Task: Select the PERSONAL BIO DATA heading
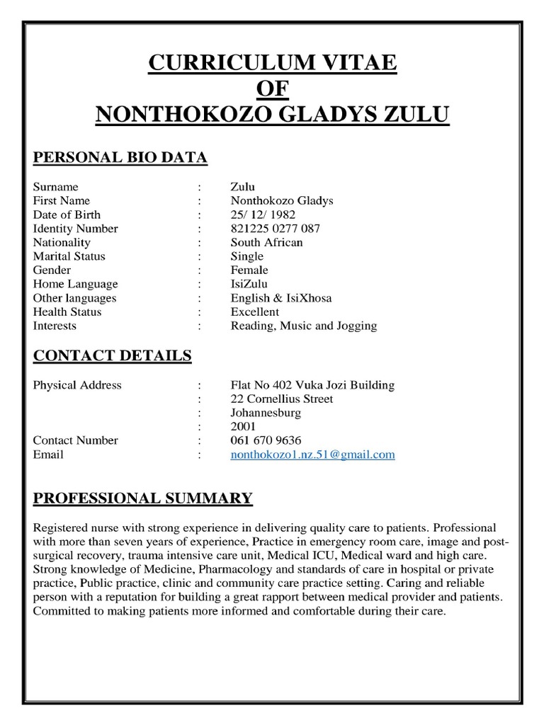pyautogui.click(x=120, y=157)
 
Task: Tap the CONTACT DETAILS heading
pyautogui.click(x=112, y=355)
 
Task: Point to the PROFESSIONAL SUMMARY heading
pyautogui.click(x=142, y=498)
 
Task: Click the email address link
pyautogui.click(x=312, y=455)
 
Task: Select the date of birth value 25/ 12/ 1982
pyautogui.click(x=263, y=215)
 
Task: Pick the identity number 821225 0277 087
pyautogui.click(x=275, y=229)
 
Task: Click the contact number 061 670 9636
pyautogui.click(x=266, y=440)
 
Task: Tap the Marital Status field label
pyautogui.click(x=69, y=256)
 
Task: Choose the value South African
pyautogui.click(x=266, y=242)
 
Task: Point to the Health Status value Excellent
pyautogui.click(x=254, y=312)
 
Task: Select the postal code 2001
pyautogui.click(x=243, y=426)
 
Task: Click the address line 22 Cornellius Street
pyautogui.click(x=282, y=399)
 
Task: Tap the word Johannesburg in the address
pyautogui.click(x=266, y=413)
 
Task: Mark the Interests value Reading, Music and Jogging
pyautogui.click(x=303, y=326)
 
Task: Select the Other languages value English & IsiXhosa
pyautogui.click(x=280, y=298)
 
